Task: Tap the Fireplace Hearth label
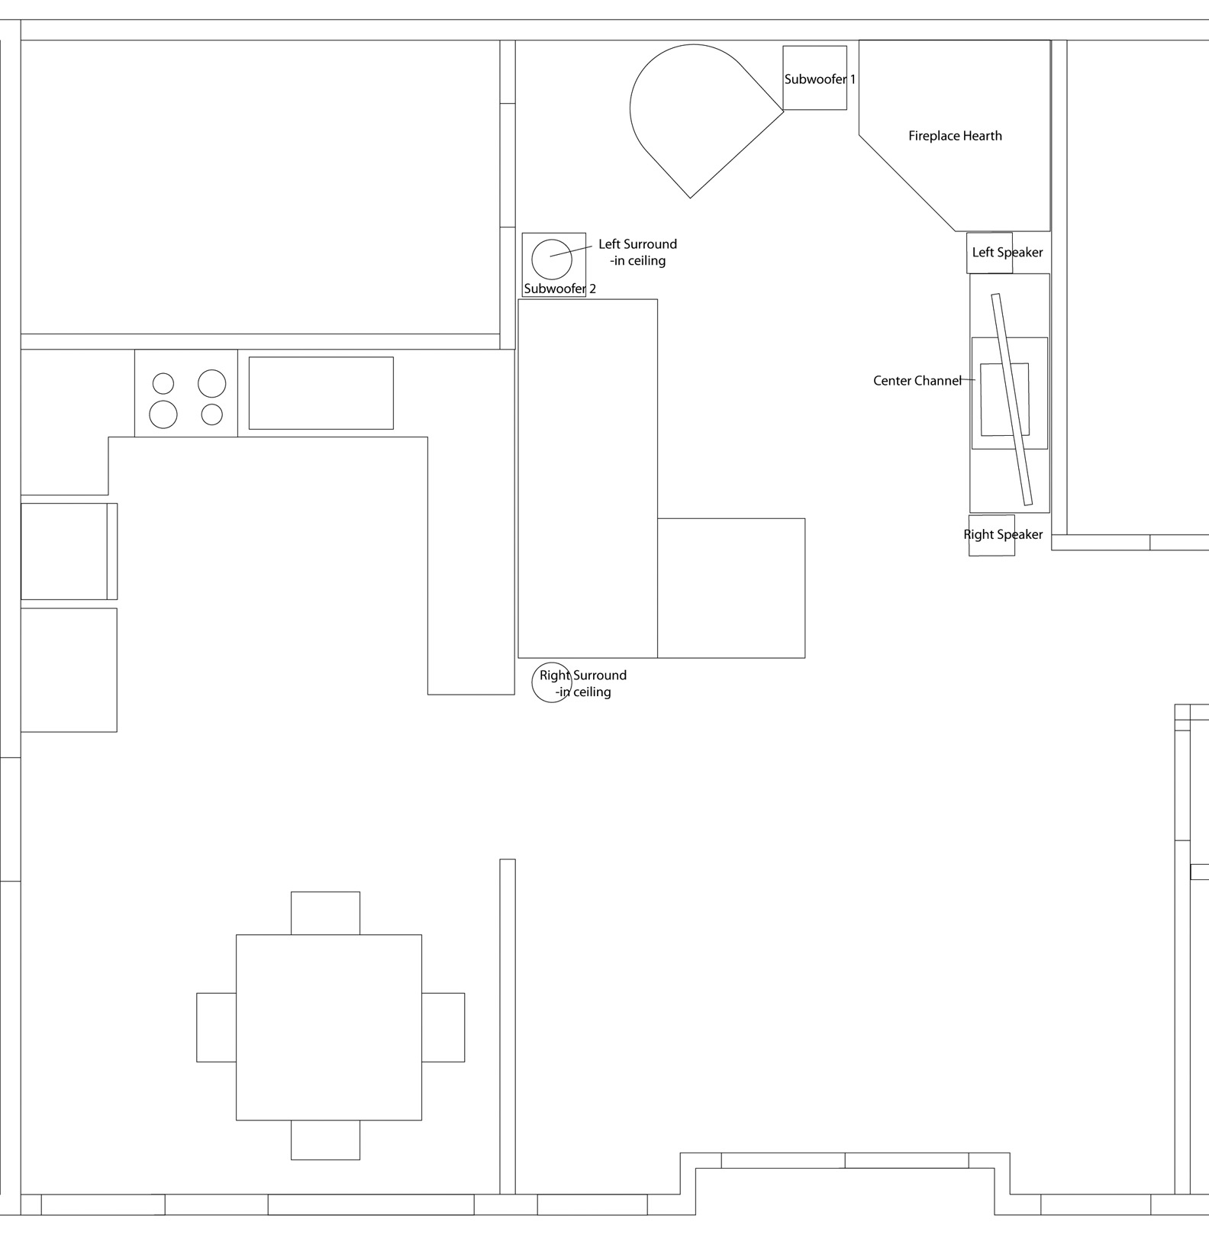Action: coord(955,136)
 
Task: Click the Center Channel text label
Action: coord(917,380)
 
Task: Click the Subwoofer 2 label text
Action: coord(559,289)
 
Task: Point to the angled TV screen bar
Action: coord(1012,399)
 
